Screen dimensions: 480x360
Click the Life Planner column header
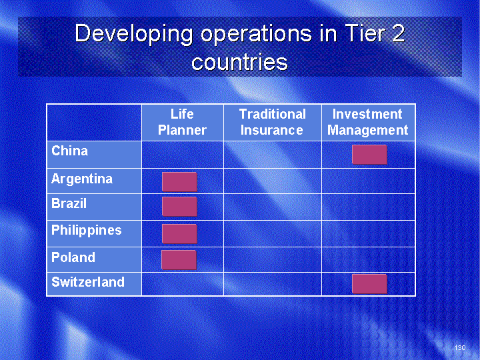(x=182, y=122)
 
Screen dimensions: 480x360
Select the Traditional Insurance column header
(x=272, y=122)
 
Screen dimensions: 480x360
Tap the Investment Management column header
(x=367, y=122)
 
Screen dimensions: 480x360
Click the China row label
(x=70, y=151)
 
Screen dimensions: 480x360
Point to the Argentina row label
(x=82, y=179)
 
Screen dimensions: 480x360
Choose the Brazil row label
(x=69, y=203)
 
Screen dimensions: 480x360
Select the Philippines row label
(x=86, y=231)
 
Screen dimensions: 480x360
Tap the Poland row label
(x=73, y=257)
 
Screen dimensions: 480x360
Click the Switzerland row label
(x=88, y=282)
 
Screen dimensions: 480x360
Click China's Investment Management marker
(x=369, y=155)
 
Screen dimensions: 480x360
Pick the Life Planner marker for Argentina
(x=179, y=182)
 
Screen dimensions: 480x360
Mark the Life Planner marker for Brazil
(x=179, y=207)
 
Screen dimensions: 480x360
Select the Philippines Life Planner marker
(x=179, y=234)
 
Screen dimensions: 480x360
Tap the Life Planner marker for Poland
(x=179, y=260)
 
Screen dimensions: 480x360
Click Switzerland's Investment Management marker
(x=369, y=284)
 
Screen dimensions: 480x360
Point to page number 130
(x=460, y=347)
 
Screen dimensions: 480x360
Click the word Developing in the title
(x=134, y=35)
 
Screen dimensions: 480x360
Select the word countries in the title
(x=240, y=61)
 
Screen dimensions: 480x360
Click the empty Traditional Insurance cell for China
(x=273, y=155)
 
